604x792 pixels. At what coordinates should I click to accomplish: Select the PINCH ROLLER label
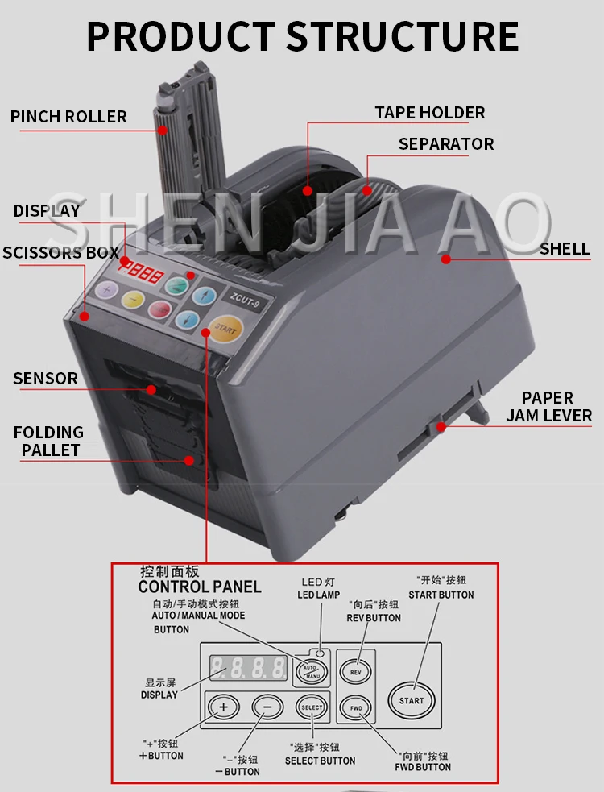(68, 117)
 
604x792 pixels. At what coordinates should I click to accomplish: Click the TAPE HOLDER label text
(430, 113)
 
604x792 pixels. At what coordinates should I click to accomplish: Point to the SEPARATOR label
(446, 144)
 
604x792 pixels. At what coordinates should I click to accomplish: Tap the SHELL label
(565, 249)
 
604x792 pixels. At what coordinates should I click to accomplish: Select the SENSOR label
(46, 378)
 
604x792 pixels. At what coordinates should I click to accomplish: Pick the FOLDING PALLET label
(49, 442)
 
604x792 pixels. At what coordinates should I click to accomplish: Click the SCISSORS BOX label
(60, 252)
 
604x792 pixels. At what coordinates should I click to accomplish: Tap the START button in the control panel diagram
(412, 699)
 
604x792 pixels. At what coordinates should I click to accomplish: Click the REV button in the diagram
(354, 670)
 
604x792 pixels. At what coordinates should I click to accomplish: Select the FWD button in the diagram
(354, 708)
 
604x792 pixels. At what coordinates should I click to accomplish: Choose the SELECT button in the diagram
(311, 707)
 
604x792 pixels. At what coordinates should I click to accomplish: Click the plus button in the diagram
(224, 708)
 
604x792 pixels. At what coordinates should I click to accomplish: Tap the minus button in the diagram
(267, 708)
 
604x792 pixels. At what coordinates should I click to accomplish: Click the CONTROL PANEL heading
(199, 587)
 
